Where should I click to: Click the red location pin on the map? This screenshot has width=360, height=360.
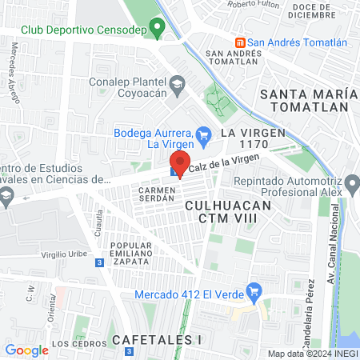click(181, 163)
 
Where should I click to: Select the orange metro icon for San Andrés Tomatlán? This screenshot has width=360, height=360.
click(238, 42)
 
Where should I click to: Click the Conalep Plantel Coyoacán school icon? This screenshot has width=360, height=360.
click(177, 82)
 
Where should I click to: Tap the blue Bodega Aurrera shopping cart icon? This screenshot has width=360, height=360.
click(204, 133)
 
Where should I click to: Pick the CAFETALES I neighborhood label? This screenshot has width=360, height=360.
click(155, 339)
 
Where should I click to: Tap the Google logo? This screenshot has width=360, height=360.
click(27, 350)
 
